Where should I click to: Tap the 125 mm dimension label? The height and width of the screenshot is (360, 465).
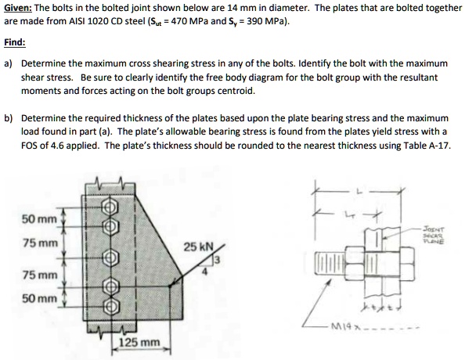click(139, 343)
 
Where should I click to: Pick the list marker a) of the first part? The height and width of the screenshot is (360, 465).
click(9, 62)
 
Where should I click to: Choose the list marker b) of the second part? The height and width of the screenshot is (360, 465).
click(9, 118)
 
